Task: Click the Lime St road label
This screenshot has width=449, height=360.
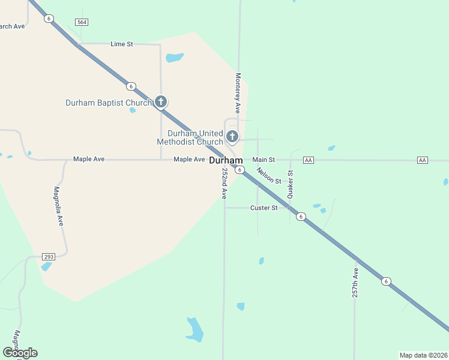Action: click(x=121, y=44)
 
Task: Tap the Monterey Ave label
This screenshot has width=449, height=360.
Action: click(x=238, y=94)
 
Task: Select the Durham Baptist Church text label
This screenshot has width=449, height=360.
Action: click(x=109, y=103)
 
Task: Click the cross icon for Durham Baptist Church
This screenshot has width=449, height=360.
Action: click(x=160, y=102)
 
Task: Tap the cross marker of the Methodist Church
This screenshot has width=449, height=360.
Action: click(x=232, y=137)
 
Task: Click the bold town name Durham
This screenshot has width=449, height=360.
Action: click(x=226, y=161)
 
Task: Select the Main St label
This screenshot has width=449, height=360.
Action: click(x=264, y=160)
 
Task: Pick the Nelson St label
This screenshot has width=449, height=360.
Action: click(x=269, y=175)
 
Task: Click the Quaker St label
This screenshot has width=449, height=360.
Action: click(x=291, y=184)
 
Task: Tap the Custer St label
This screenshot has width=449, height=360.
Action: click(x=264, y=208)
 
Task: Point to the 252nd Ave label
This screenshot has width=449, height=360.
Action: click(x=224, y=183)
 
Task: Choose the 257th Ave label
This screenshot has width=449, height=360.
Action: click(x=355, y=283)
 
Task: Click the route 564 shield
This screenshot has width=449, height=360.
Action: click(x=82, y=22)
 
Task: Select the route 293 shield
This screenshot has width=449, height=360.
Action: click(x=49, y=257)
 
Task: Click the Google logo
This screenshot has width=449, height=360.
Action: click(x=20, y=353)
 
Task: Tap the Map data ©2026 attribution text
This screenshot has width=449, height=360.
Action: click(x=423, y=355)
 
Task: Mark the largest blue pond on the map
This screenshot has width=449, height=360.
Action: click(x=194, y=329)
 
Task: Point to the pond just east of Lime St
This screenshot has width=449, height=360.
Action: click(x=174, y=58)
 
